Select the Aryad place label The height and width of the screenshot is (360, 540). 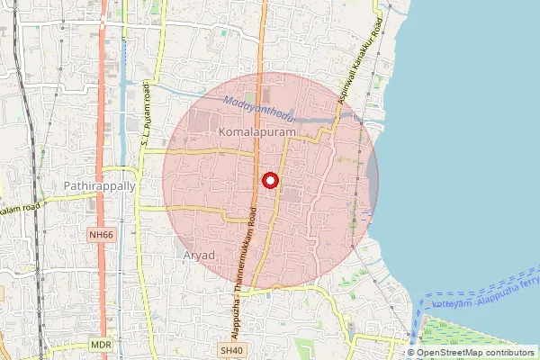[199, 255]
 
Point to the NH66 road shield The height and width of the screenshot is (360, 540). [102, 235]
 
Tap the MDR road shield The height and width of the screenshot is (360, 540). [101, 345]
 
